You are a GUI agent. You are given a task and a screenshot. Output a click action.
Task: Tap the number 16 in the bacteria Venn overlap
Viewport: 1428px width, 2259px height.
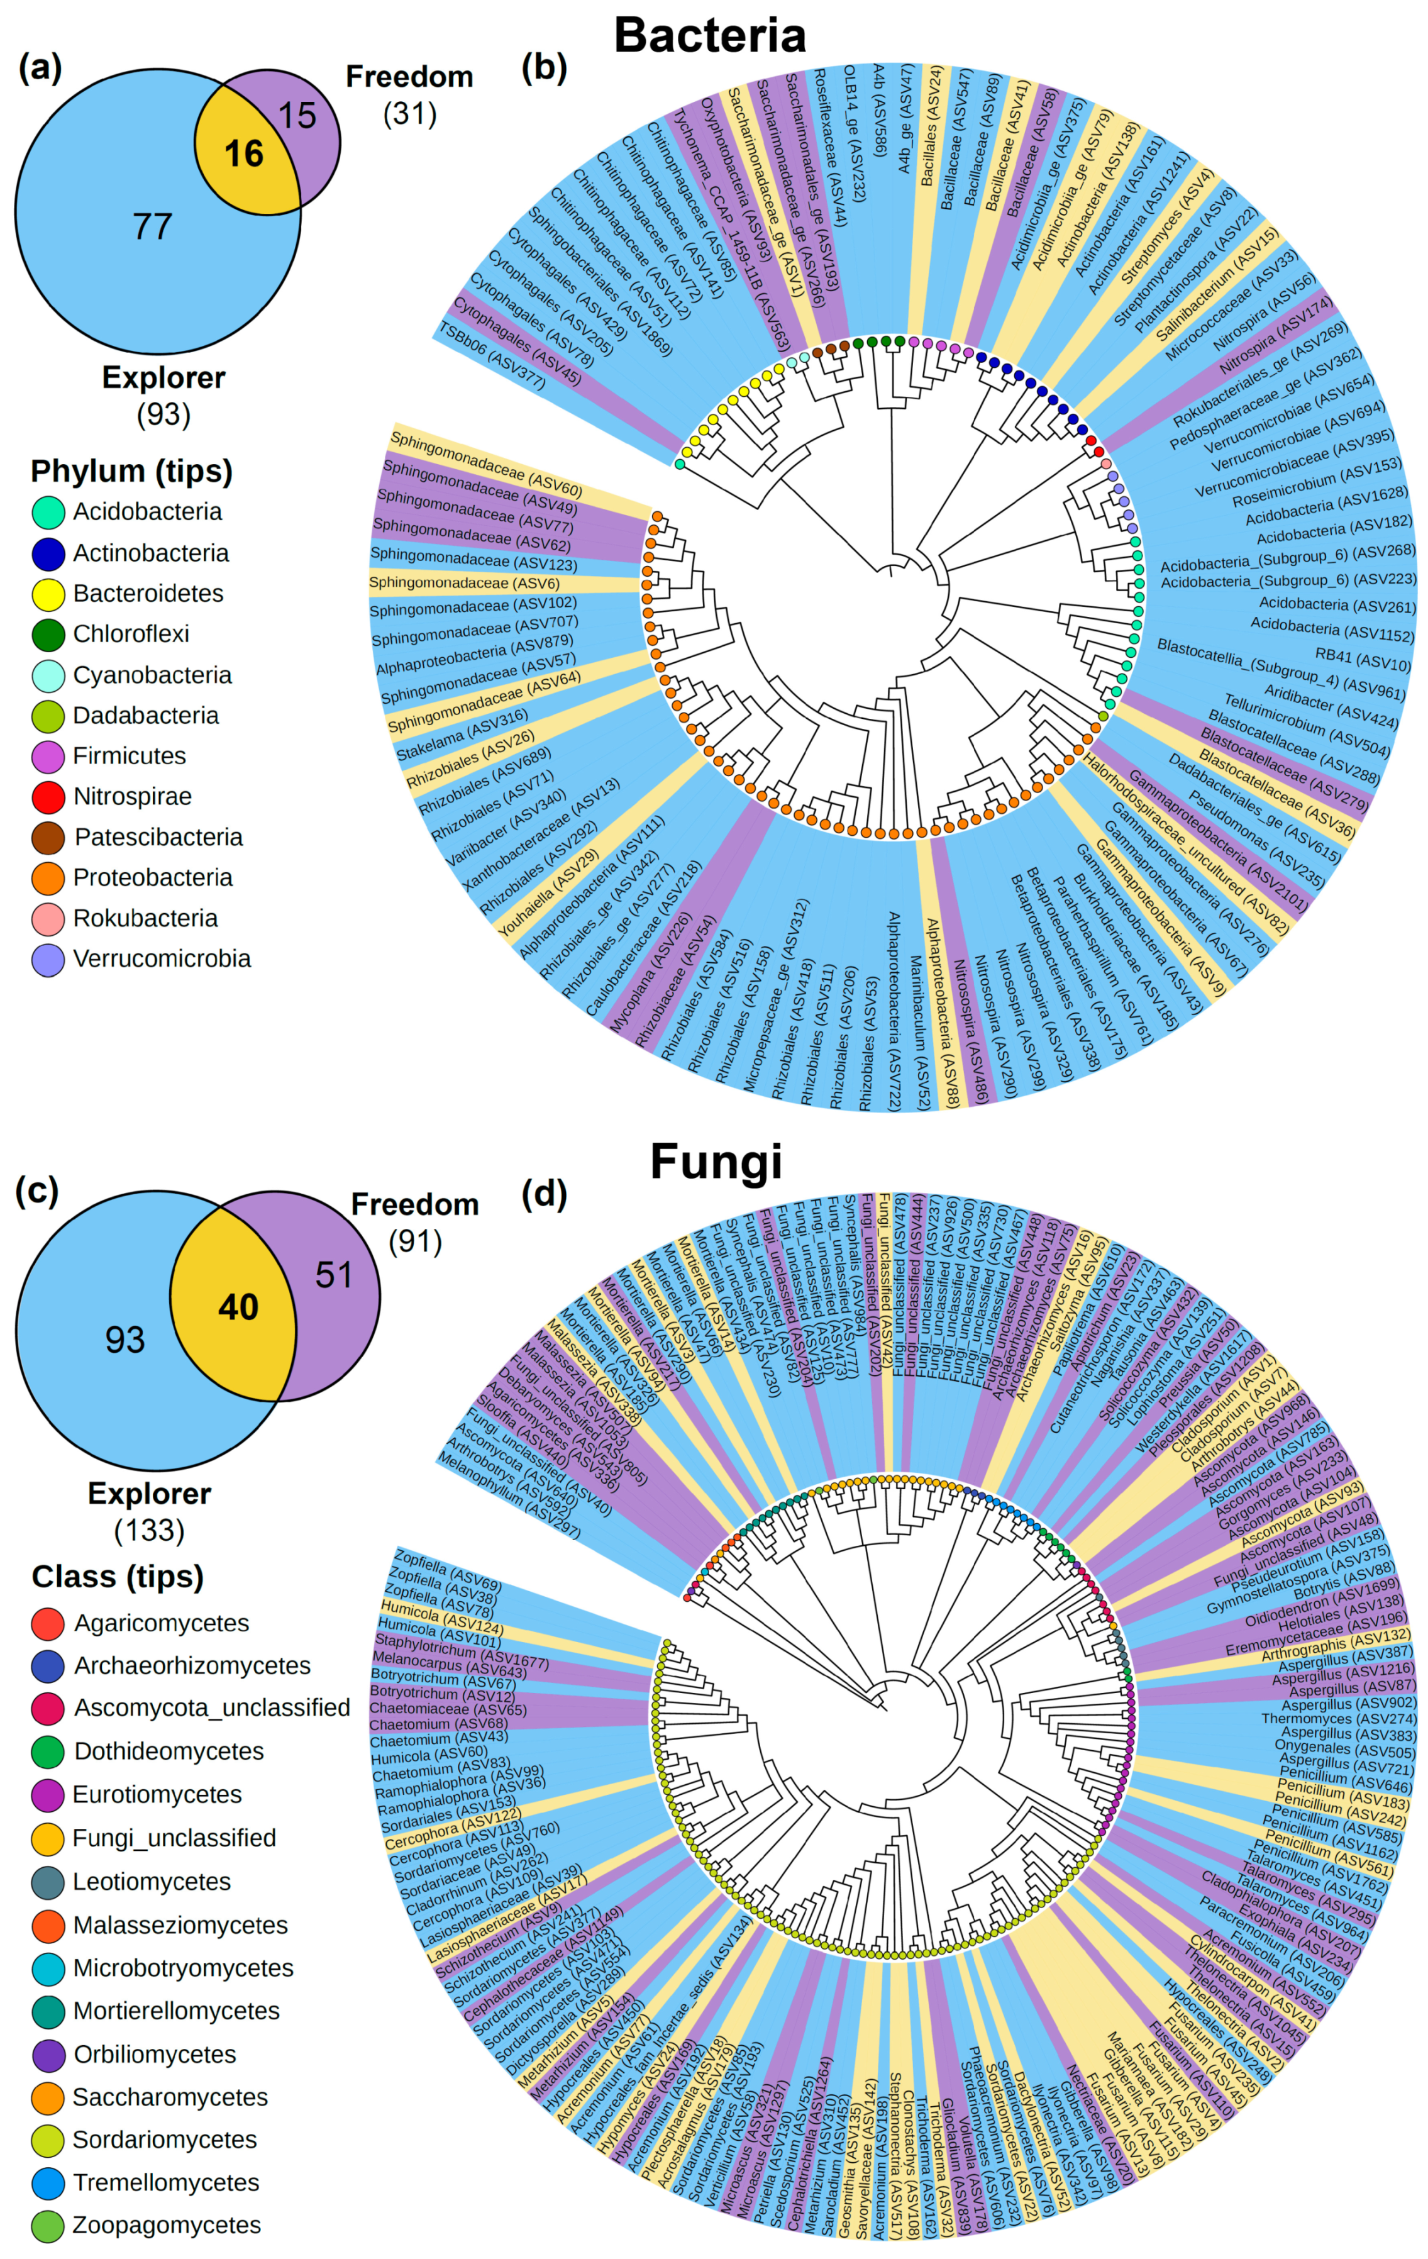click(244, 154)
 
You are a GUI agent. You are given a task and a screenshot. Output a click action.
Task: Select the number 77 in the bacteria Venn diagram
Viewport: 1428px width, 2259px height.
click(153, 226)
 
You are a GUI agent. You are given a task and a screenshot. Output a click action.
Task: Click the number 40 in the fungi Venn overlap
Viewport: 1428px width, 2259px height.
click(238, 1307)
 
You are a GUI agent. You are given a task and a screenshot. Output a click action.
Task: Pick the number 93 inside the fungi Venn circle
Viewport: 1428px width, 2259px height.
click(125, 1340)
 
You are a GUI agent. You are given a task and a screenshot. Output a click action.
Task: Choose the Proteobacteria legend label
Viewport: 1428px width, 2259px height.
click(153, 877)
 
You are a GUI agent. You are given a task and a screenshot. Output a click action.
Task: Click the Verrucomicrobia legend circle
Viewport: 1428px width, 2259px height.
click(48, 960)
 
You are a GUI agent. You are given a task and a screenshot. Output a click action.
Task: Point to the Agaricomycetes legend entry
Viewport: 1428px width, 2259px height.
click(162, 1623)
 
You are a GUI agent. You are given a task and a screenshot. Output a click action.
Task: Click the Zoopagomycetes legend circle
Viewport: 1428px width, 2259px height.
click(48, 2225)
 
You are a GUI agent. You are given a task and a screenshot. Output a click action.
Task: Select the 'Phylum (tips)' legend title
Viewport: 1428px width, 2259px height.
click(131, 471)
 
